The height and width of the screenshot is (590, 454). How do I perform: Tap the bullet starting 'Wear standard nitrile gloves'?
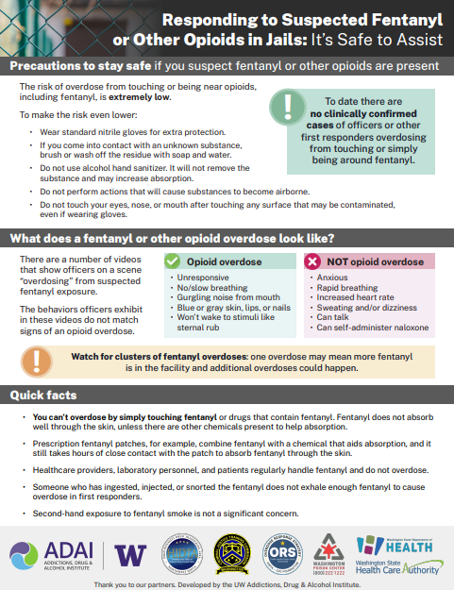point(134,129)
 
